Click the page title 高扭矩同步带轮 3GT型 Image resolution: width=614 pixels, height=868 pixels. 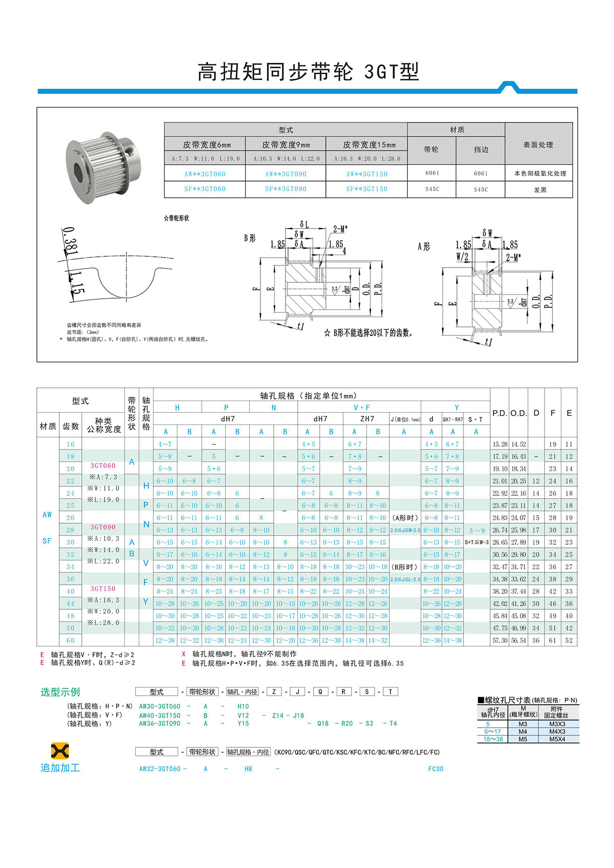(x=308, y=72)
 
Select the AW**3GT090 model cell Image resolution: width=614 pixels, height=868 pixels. (x=286, y=174)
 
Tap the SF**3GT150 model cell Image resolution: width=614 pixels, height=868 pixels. (x=366, y=189)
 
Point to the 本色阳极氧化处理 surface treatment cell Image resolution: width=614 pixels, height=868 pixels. (x=540, y=173)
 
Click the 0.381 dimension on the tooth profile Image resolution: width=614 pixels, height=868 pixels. (x=70, y=241)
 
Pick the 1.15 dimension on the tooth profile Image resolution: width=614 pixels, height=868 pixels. (x=76, y=283)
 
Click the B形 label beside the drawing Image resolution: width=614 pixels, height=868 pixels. (x=250, y=238)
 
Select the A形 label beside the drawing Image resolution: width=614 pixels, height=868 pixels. (x=424, y=247)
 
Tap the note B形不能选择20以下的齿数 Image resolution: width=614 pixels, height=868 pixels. (x=368, y=333)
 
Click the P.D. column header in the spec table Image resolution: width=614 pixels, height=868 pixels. (x=499, y=413)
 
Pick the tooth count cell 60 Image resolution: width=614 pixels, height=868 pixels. (x=70, y=640)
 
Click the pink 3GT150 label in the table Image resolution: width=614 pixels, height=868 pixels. (x=103, y=589)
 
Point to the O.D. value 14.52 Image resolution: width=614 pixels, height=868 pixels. (x=518, y=444)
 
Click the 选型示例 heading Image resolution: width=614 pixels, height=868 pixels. (x=60, y=692)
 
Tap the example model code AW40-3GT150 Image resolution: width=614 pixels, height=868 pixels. (x=160, y=715)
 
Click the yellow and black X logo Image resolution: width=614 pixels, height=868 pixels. (x=60, y=751)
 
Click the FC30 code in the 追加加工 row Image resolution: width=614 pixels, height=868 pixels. (x=435, y=769)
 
